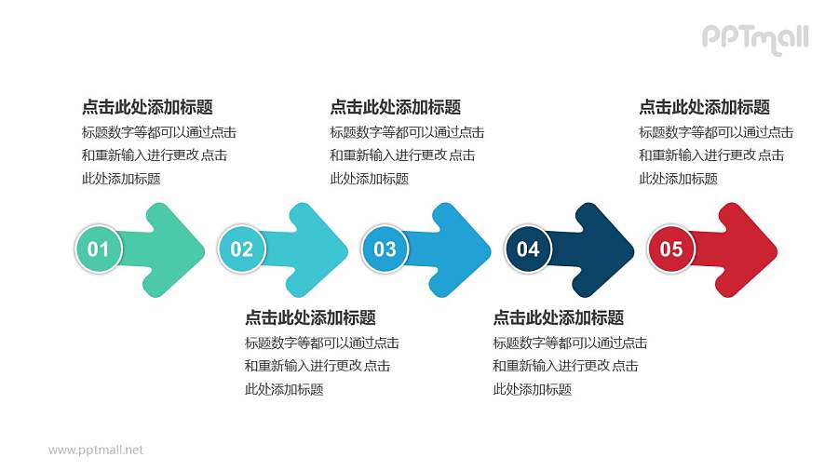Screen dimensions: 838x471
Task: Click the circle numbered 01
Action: pyautogui.click(x=98, y=249)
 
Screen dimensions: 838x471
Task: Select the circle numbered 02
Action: pyautogui.click(x=241, y=249)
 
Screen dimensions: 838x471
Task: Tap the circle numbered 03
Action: pyautogui.click(x=385, y=249)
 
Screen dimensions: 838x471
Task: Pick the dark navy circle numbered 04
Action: pyautogui.click(x=528, y=249)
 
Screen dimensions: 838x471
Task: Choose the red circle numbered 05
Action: pyautogui.click(x=671, y=249)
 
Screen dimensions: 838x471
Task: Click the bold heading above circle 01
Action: pyautogui.click(x=147, y=107)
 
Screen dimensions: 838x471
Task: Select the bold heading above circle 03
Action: pyautogui.click(x=395, y=107)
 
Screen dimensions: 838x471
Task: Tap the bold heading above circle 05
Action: pyautogui.click(x=704, y=107)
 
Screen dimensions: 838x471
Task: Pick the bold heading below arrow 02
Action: pyautogui.click(x=310, y=317)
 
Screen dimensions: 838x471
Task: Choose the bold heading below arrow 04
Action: pyautogui.click(x=558, y=317)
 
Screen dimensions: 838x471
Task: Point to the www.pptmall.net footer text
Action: pyautogui.click(x=96, y=450)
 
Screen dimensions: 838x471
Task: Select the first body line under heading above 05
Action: pyautogui.click(x=716, y=132)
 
